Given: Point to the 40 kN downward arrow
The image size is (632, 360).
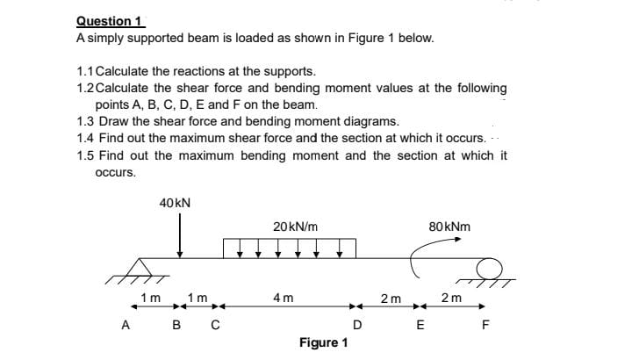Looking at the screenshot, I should pyautogui.click(x=180, y=236).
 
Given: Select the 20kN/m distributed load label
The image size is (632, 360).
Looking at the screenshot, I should pyautogui.click(x=289, y=227).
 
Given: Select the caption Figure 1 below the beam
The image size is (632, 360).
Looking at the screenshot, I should pyautogui.click(x=323, y=342).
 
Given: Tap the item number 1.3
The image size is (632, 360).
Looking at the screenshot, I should pyautogui.click(x=85, y=120).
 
